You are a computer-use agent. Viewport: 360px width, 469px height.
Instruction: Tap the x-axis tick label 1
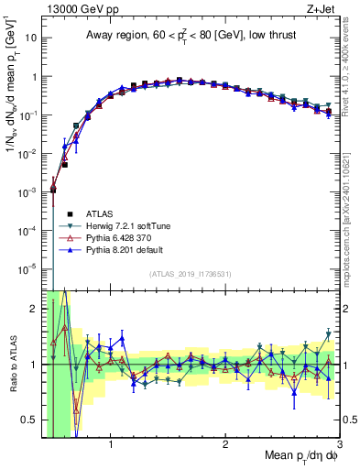tap(111, 444)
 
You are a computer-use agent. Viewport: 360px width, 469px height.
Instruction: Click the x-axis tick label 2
tap(225, 444)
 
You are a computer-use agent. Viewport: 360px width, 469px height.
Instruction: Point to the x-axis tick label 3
tap(339, 444)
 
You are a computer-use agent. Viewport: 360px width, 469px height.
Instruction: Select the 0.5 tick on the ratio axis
tap(30, 420)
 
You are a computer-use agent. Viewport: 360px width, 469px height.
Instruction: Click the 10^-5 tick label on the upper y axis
tap(29, 268)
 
